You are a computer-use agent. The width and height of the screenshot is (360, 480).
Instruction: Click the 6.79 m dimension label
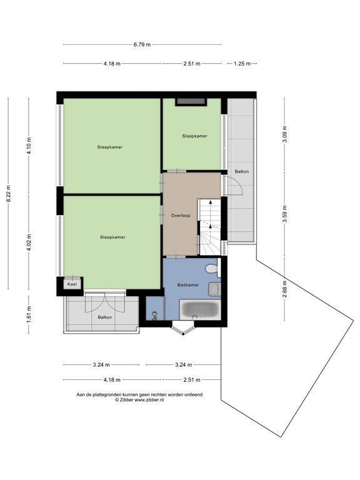(x=142, y=44)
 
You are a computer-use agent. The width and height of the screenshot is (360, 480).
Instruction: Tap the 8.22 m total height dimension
(x=9, y=194)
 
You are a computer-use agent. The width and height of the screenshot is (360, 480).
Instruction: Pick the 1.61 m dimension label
(x=29, y=311)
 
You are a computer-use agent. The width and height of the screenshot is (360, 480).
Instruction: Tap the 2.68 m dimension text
(x=285, y=291)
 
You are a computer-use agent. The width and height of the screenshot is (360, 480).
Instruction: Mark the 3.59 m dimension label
(x=285, y=214)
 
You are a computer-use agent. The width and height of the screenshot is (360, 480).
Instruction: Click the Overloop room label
(x=180, y=215)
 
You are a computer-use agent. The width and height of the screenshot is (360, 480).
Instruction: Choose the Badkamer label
(x=187, y=284)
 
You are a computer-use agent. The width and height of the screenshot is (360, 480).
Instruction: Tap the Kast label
(x=72, y=284)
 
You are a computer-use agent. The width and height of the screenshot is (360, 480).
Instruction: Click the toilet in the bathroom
(x=212, y=268)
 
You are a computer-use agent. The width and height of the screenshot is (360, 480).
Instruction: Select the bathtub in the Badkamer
(x=199, y=309)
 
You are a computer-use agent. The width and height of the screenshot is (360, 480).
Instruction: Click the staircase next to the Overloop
(x=209, y=226)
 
